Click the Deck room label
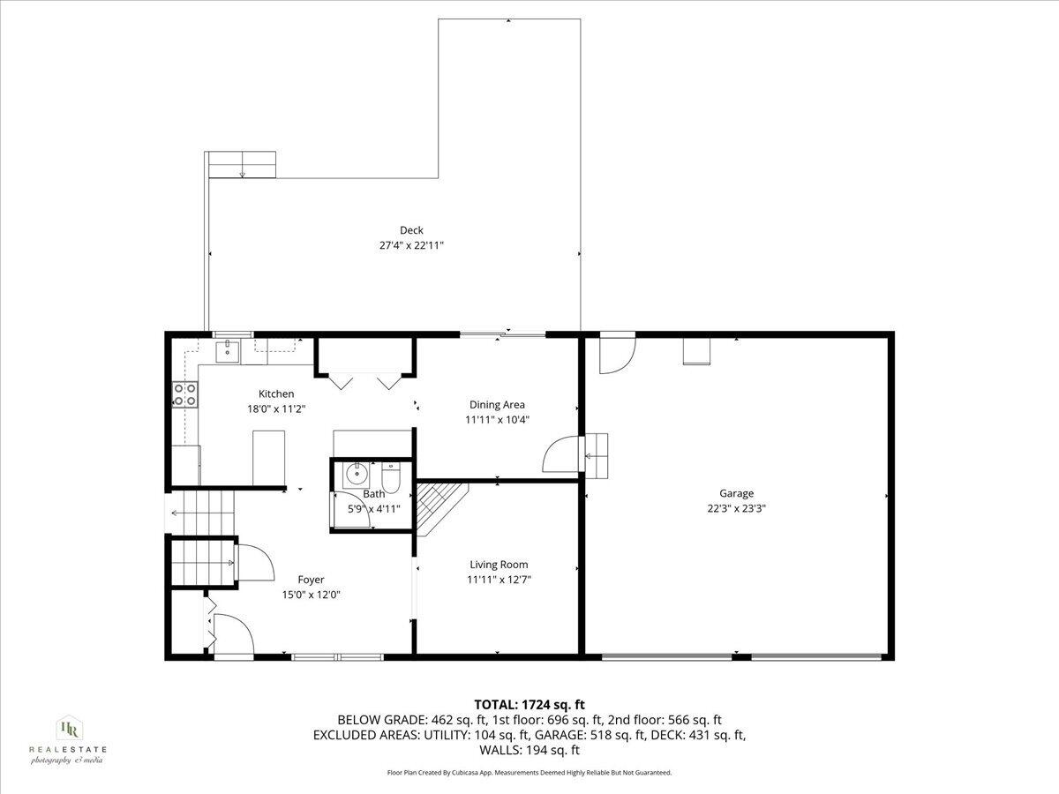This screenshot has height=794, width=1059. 411,230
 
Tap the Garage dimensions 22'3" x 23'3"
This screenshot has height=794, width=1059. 736,508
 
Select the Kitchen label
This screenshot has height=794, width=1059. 276,393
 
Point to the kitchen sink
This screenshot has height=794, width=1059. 229,350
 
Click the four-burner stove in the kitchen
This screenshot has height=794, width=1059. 184,394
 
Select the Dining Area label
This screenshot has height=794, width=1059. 497,405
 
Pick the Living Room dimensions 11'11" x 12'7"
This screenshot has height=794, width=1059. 499,580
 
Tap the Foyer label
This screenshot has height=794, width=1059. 311,580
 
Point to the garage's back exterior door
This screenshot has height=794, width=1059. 615,354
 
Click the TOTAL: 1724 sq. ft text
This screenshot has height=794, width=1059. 529,704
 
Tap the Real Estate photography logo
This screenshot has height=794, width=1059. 68,738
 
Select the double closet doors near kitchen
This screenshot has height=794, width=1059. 364,380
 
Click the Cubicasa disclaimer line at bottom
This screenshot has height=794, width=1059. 529,773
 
